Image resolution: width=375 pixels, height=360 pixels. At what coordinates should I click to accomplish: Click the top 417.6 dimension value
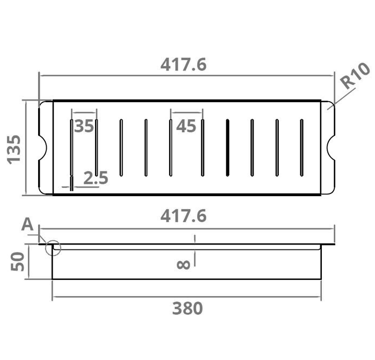pos(183,65)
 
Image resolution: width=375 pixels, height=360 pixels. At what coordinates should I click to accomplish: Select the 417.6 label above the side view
pos(183,217)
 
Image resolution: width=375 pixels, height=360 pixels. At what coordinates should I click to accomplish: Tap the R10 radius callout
pos(356,76)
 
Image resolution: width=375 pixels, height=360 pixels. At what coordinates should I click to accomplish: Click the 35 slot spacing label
pos(84,126)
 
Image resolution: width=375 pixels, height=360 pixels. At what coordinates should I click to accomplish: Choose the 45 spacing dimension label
pos(186,126)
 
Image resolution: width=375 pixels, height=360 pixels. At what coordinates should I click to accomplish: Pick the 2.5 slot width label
pos(96,178)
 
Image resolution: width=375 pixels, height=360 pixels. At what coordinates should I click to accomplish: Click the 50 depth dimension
pos(18,262)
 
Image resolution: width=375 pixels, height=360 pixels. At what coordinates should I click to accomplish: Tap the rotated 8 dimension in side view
pos(182,264)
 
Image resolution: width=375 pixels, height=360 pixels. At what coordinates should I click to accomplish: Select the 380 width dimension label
pos(187,308)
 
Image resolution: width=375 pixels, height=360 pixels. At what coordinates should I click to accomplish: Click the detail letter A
pos(27,225)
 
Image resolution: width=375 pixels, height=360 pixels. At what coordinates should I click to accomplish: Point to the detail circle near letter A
pos(54,248)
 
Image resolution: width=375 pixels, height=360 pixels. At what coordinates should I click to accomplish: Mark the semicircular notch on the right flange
pos(330,148)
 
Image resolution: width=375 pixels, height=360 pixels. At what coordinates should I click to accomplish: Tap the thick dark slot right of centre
pos(227,148)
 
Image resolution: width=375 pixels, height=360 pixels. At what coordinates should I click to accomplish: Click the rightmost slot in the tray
pos(301,148)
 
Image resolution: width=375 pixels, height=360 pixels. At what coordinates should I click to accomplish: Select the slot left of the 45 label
pos(170,148)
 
